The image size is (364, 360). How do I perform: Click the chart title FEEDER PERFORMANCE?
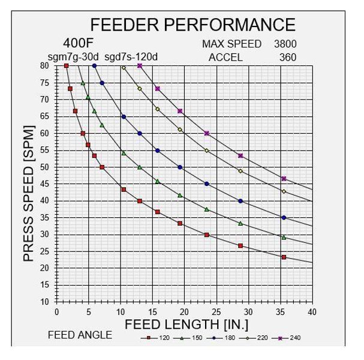click(192, 25)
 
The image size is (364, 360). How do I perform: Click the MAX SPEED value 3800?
click(285, 44)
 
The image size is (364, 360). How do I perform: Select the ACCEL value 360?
click(288, 58)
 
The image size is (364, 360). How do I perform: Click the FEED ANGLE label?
click(80, 335)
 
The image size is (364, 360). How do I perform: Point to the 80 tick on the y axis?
click(44, 65)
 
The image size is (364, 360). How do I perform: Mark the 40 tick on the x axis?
click(312, 311)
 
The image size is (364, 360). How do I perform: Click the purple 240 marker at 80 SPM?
click(140, 66)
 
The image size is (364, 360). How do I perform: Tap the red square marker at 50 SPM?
click(102, 167)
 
